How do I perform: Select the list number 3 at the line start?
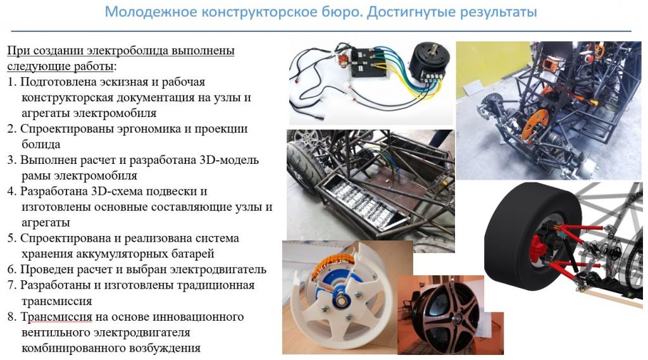pyautogui.click(x=11, y=160)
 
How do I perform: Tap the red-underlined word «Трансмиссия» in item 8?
pyautogui.click(x=56, y=317)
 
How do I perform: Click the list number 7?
pyautogui.click(x=11, y=285)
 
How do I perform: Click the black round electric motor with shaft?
pyautogui.click(x=427, y=61)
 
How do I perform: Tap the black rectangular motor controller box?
pyautogui.click(x=370, y=63)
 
